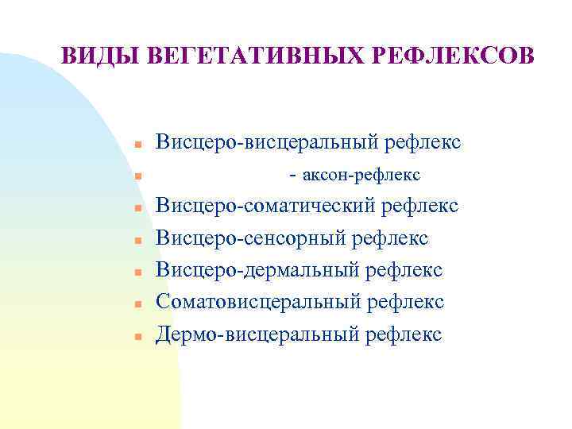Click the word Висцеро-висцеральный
[x=267, y=143]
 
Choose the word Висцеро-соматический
[x=266, y=207]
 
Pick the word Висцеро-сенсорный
[x=251, y=238]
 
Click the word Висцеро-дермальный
[x=258, y=270]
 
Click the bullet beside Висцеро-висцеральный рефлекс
[x=137, y=145]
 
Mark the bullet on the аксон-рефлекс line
[x=137, y=176]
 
